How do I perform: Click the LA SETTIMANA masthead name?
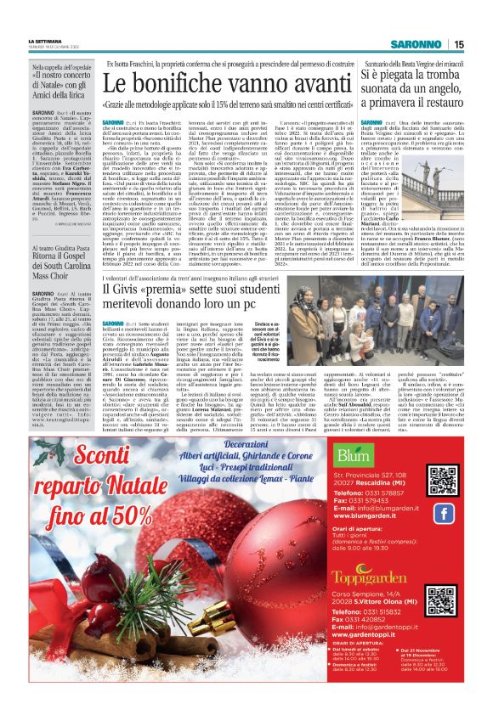[44, 40]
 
